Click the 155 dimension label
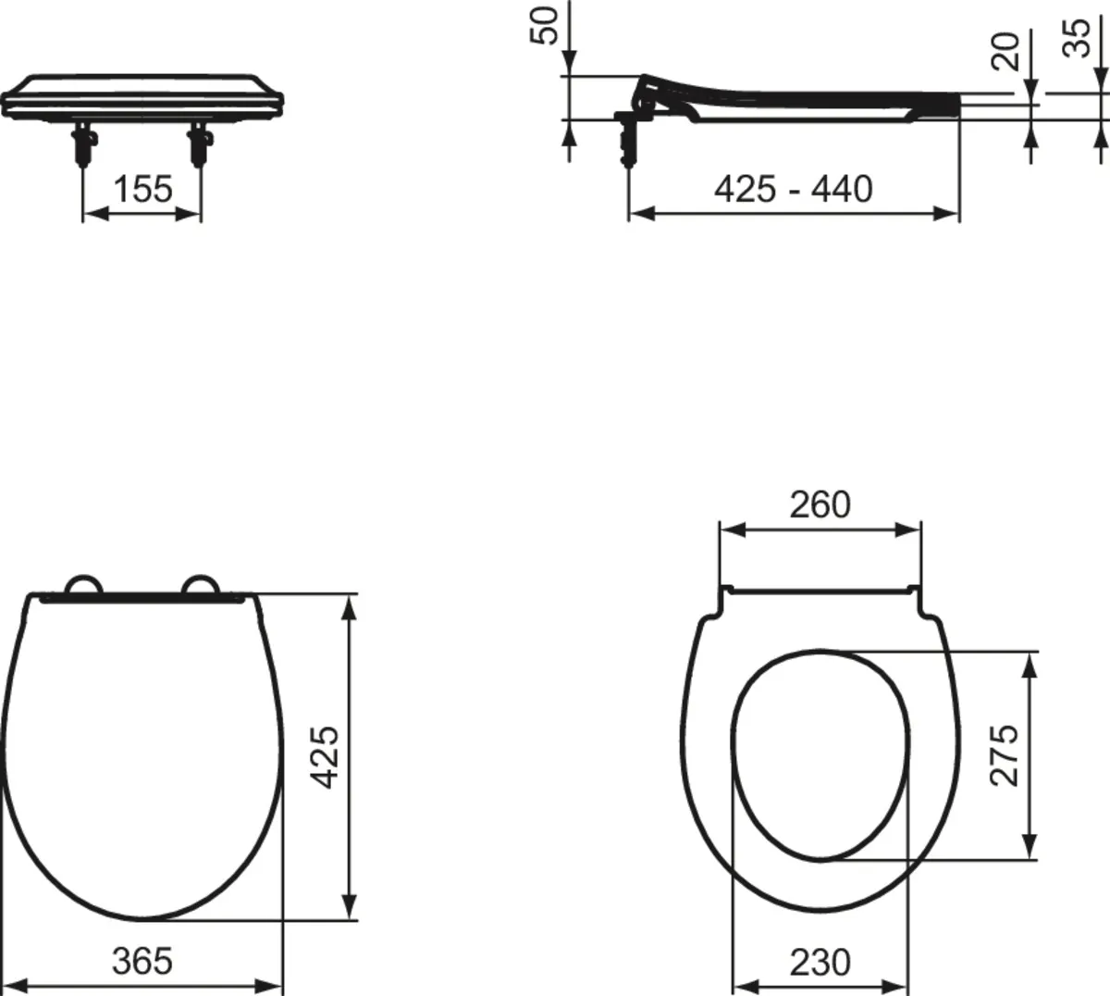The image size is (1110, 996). pyautogui.click(x=142, y=190)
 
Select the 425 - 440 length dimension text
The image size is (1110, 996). pyautogui.click(x=793, y=190)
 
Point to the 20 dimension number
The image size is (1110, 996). pyautogui.click(x=1005, y=51)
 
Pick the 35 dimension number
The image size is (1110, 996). pyautogui.click(x=1077, y=39)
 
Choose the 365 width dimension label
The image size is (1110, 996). pyautogui.click(x=142, y=961)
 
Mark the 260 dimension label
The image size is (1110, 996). pyautogui.click(x=820, y=505)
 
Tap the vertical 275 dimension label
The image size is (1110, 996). pyautogui.click(x=1005, y=754)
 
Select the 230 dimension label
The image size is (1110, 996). pyautogui.click(x=820, y=963)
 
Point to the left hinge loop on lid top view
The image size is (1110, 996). pyautogui.click(x=83, y=586)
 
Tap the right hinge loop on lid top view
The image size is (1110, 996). pyautogui.click(x=201, y=586)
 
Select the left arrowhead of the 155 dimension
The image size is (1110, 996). pyautogui.click(x=92, y=214)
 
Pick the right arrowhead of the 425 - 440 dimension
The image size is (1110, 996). pyautogui.click(x=948, y=214)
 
